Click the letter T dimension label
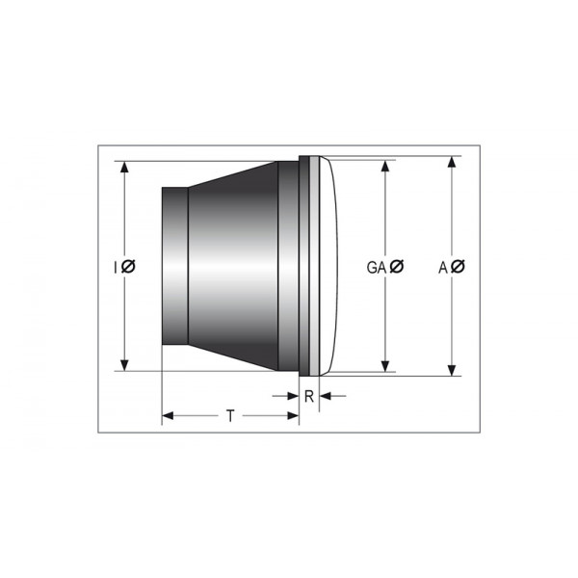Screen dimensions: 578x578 229,416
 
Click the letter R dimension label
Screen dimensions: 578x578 308,395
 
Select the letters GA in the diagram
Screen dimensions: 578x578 377,267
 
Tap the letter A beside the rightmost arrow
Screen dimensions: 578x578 444,267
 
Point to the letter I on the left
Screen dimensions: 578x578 115,267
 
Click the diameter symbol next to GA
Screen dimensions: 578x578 397,267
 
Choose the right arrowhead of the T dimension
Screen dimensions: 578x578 293,416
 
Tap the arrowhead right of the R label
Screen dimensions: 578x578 325,395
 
